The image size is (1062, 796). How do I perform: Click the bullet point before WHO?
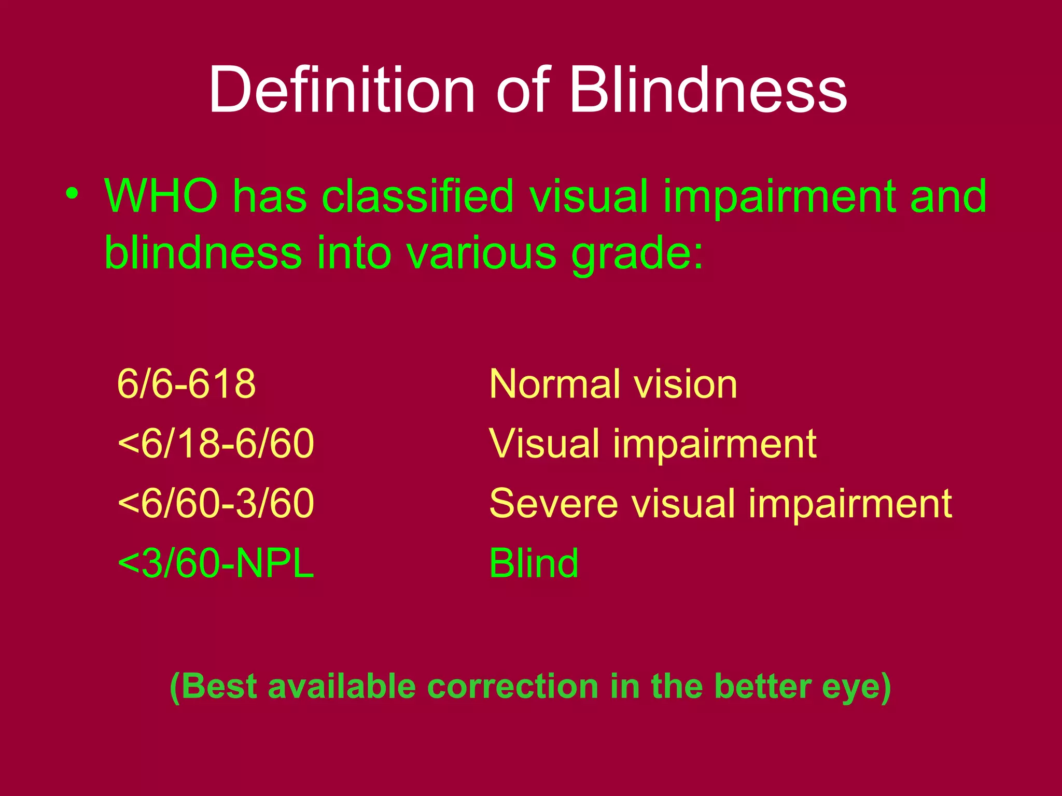click(x=72, y=194)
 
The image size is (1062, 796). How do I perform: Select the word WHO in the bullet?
click(x=161, y=196)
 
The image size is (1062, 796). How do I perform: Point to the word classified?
click(x=417, y=196)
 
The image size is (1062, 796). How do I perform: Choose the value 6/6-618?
click(x=187, y=384)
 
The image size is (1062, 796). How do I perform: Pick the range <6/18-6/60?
click(x=216, y=444)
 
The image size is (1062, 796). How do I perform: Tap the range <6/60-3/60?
click(x=216, y=503)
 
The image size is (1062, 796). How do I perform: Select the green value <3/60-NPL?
click(x=216, y=563)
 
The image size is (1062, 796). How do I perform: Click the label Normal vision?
click(x=613, y=384)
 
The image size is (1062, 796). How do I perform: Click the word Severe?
click(x=553, y=503)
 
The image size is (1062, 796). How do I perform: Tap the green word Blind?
click(x=534, y=563)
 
